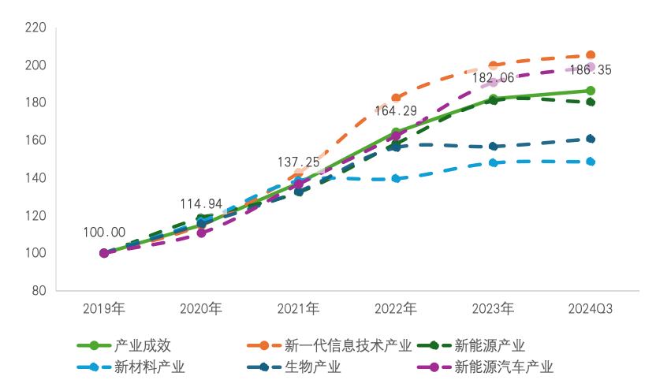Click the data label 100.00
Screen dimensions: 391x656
pos(104,233)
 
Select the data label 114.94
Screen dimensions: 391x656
pos(201,203)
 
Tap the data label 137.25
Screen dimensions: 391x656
pos(298,162)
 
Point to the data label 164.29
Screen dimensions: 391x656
pos(396,111)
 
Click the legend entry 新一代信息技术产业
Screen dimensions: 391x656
pos(348,345)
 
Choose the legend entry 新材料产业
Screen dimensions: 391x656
pos(149,367)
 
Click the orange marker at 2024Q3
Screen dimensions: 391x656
pos(591,55)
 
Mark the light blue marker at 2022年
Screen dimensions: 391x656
pos(396,179)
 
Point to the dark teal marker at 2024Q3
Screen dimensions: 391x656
pos(591,139)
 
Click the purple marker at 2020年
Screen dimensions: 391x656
pos(201,233)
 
